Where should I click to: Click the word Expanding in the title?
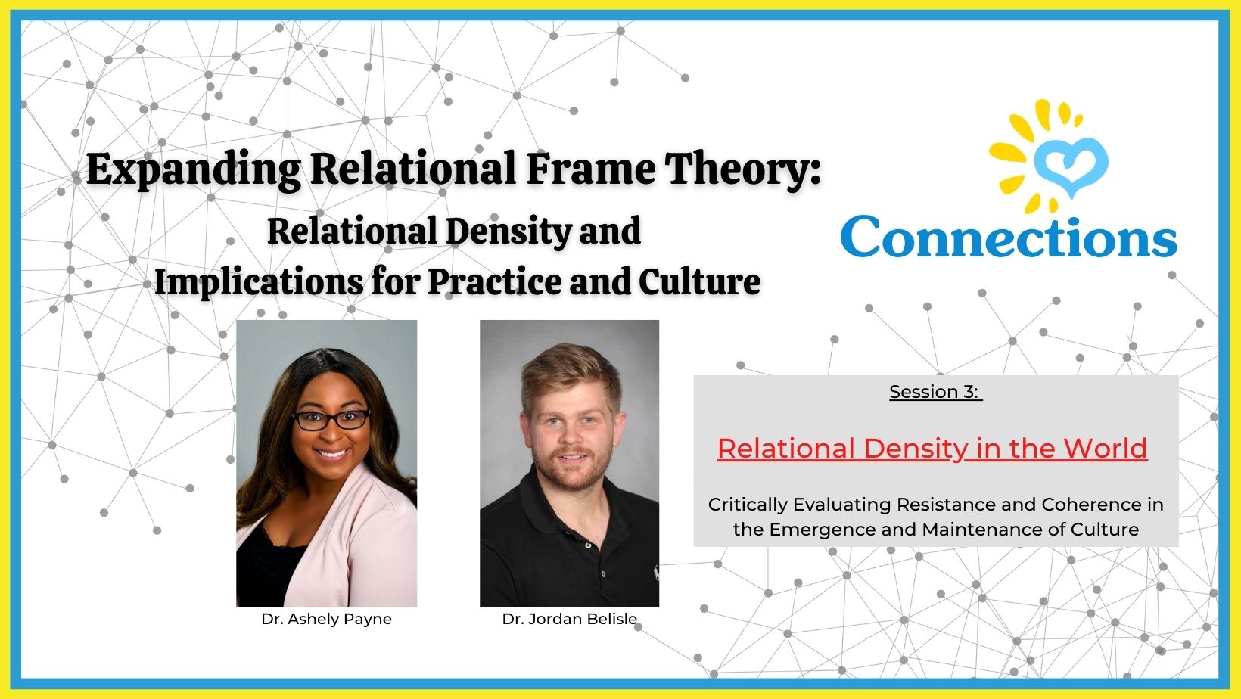coord(193,169)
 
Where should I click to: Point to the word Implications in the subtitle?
coord(258,281)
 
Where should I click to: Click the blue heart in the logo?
coord(1071,163)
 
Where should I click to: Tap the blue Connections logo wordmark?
coord(1008,238)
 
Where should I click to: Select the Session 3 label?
coord(935,392)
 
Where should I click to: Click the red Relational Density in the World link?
coord(932,449)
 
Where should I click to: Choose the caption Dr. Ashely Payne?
coord(326,619)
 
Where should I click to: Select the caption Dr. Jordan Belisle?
coord(569,619)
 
